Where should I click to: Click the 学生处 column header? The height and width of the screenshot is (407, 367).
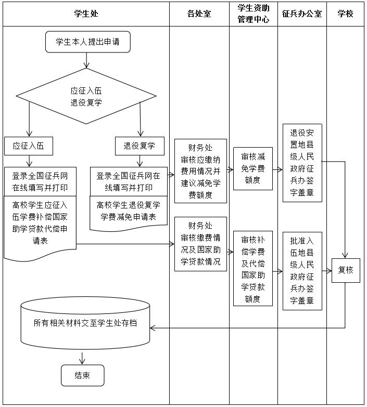[86, 14]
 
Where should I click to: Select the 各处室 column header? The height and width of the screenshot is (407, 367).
[199, 14]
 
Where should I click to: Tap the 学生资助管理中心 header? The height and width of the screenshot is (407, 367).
[253, 14]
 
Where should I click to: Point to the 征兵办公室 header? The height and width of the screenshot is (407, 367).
[302, 14]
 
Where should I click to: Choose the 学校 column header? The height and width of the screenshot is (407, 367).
[345, 14]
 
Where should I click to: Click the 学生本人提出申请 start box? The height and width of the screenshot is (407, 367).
[87, 42]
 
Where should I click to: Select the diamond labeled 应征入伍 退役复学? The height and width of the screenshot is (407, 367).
[86, 96]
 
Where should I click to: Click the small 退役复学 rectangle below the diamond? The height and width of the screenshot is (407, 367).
[140, 146]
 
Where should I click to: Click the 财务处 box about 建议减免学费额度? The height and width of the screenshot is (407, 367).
[200, 170]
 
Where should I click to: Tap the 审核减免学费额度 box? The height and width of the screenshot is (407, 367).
[253, 168]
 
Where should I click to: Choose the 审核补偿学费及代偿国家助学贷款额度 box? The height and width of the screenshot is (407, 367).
[253, 268]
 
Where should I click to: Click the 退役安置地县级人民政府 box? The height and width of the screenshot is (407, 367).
[302, 163]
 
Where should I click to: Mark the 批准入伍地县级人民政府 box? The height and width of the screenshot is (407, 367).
[302, 271]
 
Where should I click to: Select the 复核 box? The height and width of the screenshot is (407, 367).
[346, 270]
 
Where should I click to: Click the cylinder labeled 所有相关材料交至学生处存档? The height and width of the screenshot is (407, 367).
[85, 323]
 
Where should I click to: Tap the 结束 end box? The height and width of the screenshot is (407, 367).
[82, 375]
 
